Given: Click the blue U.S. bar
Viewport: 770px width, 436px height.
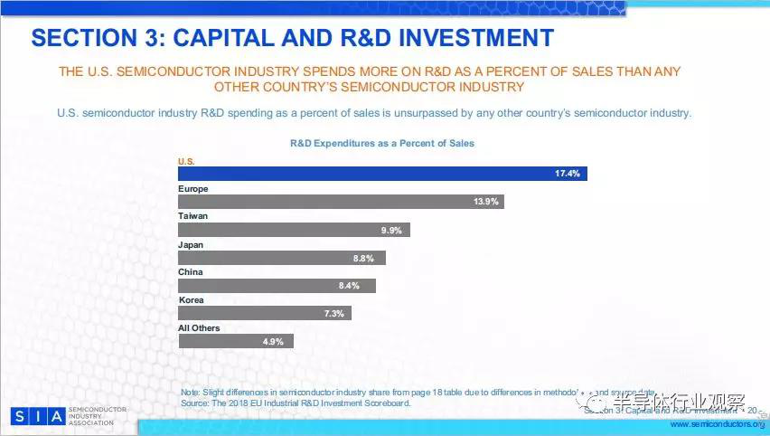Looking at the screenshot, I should [x=382, y=173].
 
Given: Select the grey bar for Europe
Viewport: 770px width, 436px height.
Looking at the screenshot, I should [x=341, y=202].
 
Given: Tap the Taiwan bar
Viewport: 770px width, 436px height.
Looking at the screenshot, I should [x=294, y=230].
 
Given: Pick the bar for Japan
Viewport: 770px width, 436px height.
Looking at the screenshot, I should [x=282, y=258].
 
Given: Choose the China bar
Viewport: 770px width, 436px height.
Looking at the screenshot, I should [x=277, y=286].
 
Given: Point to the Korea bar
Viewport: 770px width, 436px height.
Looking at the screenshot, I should [x=265, y=313].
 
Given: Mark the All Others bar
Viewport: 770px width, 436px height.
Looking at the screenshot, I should [x=236, y=341].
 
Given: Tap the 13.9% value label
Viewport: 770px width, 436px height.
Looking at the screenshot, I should [x=486, y=202].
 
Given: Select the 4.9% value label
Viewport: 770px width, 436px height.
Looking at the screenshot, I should [x=274, y=342].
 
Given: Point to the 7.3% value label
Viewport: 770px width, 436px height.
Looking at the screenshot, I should [x=333, y=314].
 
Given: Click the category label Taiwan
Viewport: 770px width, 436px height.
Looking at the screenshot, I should [x=192, y=216].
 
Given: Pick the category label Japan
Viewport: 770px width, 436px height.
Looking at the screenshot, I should [x=191, y=244].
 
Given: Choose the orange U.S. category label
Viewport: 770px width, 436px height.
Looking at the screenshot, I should [x=186, y=161].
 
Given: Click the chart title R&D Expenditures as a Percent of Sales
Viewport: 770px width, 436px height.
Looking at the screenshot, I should [x=381, y=143].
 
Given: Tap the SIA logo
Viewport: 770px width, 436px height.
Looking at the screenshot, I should [x=37, y=416].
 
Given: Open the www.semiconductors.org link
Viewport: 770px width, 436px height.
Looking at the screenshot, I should [x=717, y=424].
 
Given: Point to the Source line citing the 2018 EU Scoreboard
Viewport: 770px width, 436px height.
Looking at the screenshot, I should [x=296, y=402].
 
